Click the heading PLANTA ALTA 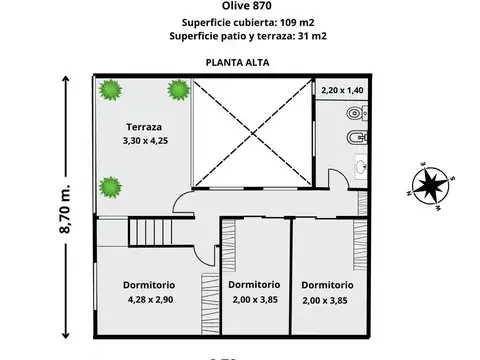pos(240,61)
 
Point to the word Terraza pos(144,127)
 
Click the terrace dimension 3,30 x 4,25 pos(144,142)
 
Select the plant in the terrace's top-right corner pos(179,91)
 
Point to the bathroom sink pos(359,168)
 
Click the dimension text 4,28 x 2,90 pos(151,299)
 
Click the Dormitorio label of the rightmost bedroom pos(327,284)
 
